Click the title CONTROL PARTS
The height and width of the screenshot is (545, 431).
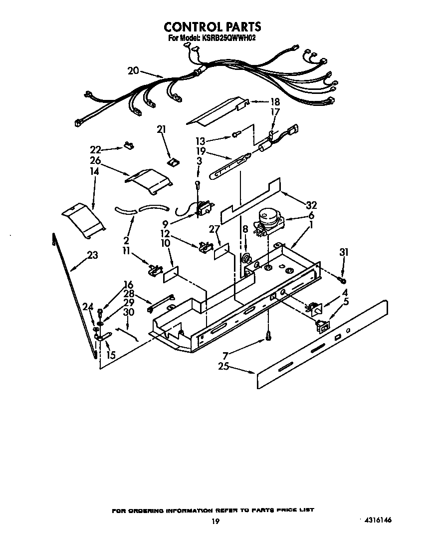point(213,26)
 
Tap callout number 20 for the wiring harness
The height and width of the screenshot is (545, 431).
point(133,71)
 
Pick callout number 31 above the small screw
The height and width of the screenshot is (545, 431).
point(343,252)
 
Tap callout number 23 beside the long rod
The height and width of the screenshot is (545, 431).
point(92,255)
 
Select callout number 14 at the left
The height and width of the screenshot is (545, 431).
point(94,171)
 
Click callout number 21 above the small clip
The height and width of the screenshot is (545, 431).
point(161,129)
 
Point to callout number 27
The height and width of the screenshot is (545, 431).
point(215,229)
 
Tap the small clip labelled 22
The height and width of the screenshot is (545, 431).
point(128,146)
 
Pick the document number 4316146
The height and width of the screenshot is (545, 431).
point(375,520)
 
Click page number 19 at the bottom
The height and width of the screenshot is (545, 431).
point(215,522)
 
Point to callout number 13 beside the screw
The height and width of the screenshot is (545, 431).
point(215,140)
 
